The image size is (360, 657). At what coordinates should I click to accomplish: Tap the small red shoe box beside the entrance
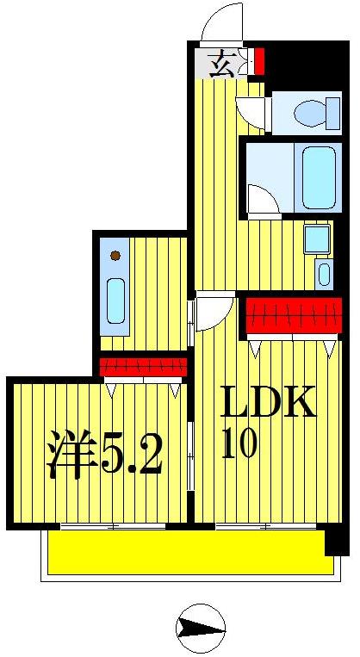258,62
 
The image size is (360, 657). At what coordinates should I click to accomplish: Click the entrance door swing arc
221,24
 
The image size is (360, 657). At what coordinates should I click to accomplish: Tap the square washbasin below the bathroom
316,239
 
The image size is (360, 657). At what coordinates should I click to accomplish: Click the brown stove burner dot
115,255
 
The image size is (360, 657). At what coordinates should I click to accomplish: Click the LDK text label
268,403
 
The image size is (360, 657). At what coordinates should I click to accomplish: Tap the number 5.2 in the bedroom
132,456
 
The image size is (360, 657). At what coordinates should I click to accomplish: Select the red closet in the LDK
294,316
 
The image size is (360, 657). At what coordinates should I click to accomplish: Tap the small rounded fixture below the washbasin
323,275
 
